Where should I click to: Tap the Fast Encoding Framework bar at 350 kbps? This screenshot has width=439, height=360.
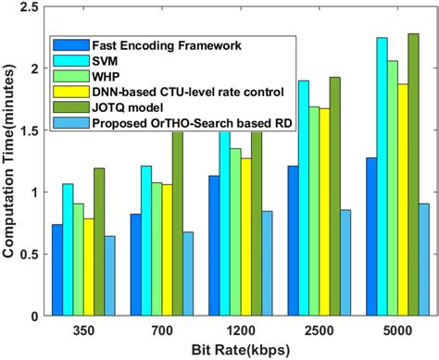point(57,269)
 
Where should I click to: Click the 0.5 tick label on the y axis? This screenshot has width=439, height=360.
point(29,254)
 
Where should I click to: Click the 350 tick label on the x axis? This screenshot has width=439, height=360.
point(79,329)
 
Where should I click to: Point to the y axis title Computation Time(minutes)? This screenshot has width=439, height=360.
point(9,162)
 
